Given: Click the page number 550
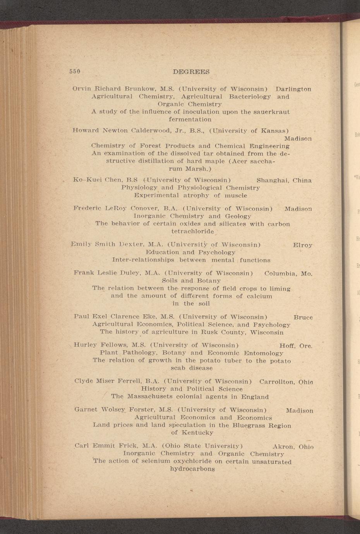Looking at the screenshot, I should (75, 72).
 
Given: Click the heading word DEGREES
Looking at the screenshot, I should (191, 72).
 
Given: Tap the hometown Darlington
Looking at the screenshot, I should (293, 89).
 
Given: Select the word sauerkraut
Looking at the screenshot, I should (271, 112).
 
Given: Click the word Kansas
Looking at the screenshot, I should (273, 130).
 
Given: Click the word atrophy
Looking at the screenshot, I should (195, 195).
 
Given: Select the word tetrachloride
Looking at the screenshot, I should (192, 231).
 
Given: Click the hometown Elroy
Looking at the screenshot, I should (303, 245).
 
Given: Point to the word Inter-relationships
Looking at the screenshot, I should (143, 260).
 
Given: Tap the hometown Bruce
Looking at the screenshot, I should (303, 317).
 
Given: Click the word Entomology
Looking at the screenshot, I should (263, 353).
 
